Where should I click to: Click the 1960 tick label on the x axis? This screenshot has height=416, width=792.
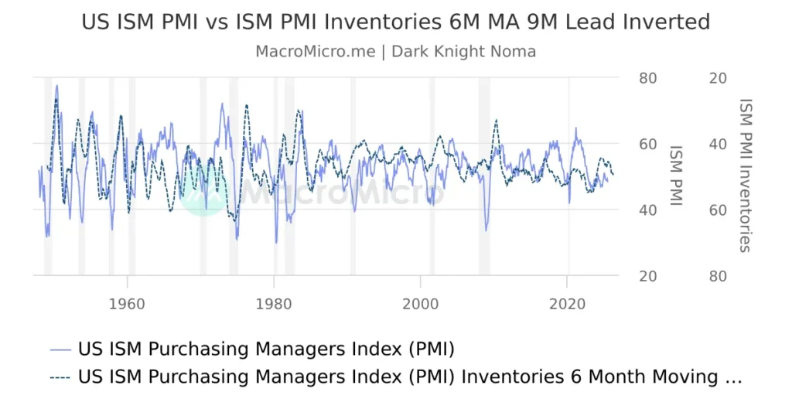(x=127, y=303)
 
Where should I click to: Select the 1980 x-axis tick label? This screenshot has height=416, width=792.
(x=274, y=303)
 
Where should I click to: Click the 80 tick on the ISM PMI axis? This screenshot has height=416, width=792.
(x=647, y=78)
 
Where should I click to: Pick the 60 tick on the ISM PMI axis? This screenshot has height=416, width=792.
(x=647, y=145)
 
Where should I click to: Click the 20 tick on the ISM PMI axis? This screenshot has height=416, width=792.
(x=647, y=276)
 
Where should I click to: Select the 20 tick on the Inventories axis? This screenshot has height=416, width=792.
(x=717, y=78)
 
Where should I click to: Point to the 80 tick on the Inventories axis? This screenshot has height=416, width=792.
(x=717, y=276)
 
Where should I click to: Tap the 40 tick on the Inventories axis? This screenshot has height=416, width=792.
(x=717, y=145)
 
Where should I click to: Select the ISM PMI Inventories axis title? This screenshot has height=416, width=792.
(x=746, y=176)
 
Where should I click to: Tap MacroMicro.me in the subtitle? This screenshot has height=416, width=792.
(x=315, y=52)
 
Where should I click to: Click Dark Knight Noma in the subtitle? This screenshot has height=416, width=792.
(x=463, y=52)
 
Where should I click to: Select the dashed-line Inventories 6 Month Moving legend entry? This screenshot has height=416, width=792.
(x=394, y=377)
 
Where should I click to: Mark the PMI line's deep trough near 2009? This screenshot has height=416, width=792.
(x=486, y=230)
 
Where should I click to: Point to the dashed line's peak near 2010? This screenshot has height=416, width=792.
(x=496, y=120)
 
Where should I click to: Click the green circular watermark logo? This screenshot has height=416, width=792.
(x=203, y=191)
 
